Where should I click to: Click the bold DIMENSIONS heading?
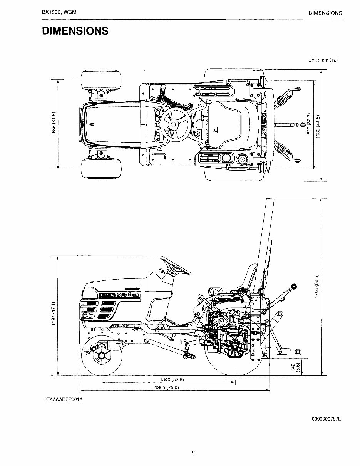(x=75, y=31)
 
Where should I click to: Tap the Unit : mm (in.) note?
(x=323, y=60)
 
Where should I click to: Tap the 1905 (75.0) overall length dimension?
(x=168, y=387)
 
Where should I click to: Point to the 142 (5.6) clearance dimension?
(x=295, y=367)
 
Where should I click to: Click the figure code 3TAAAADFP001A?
(x=64, y=399)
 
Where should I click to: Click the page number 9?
(x=193, y=453)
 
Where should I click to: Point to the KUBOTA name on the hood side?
(x=127, y=295)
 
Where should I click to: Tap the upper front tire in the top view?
(x=101, y=80)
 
